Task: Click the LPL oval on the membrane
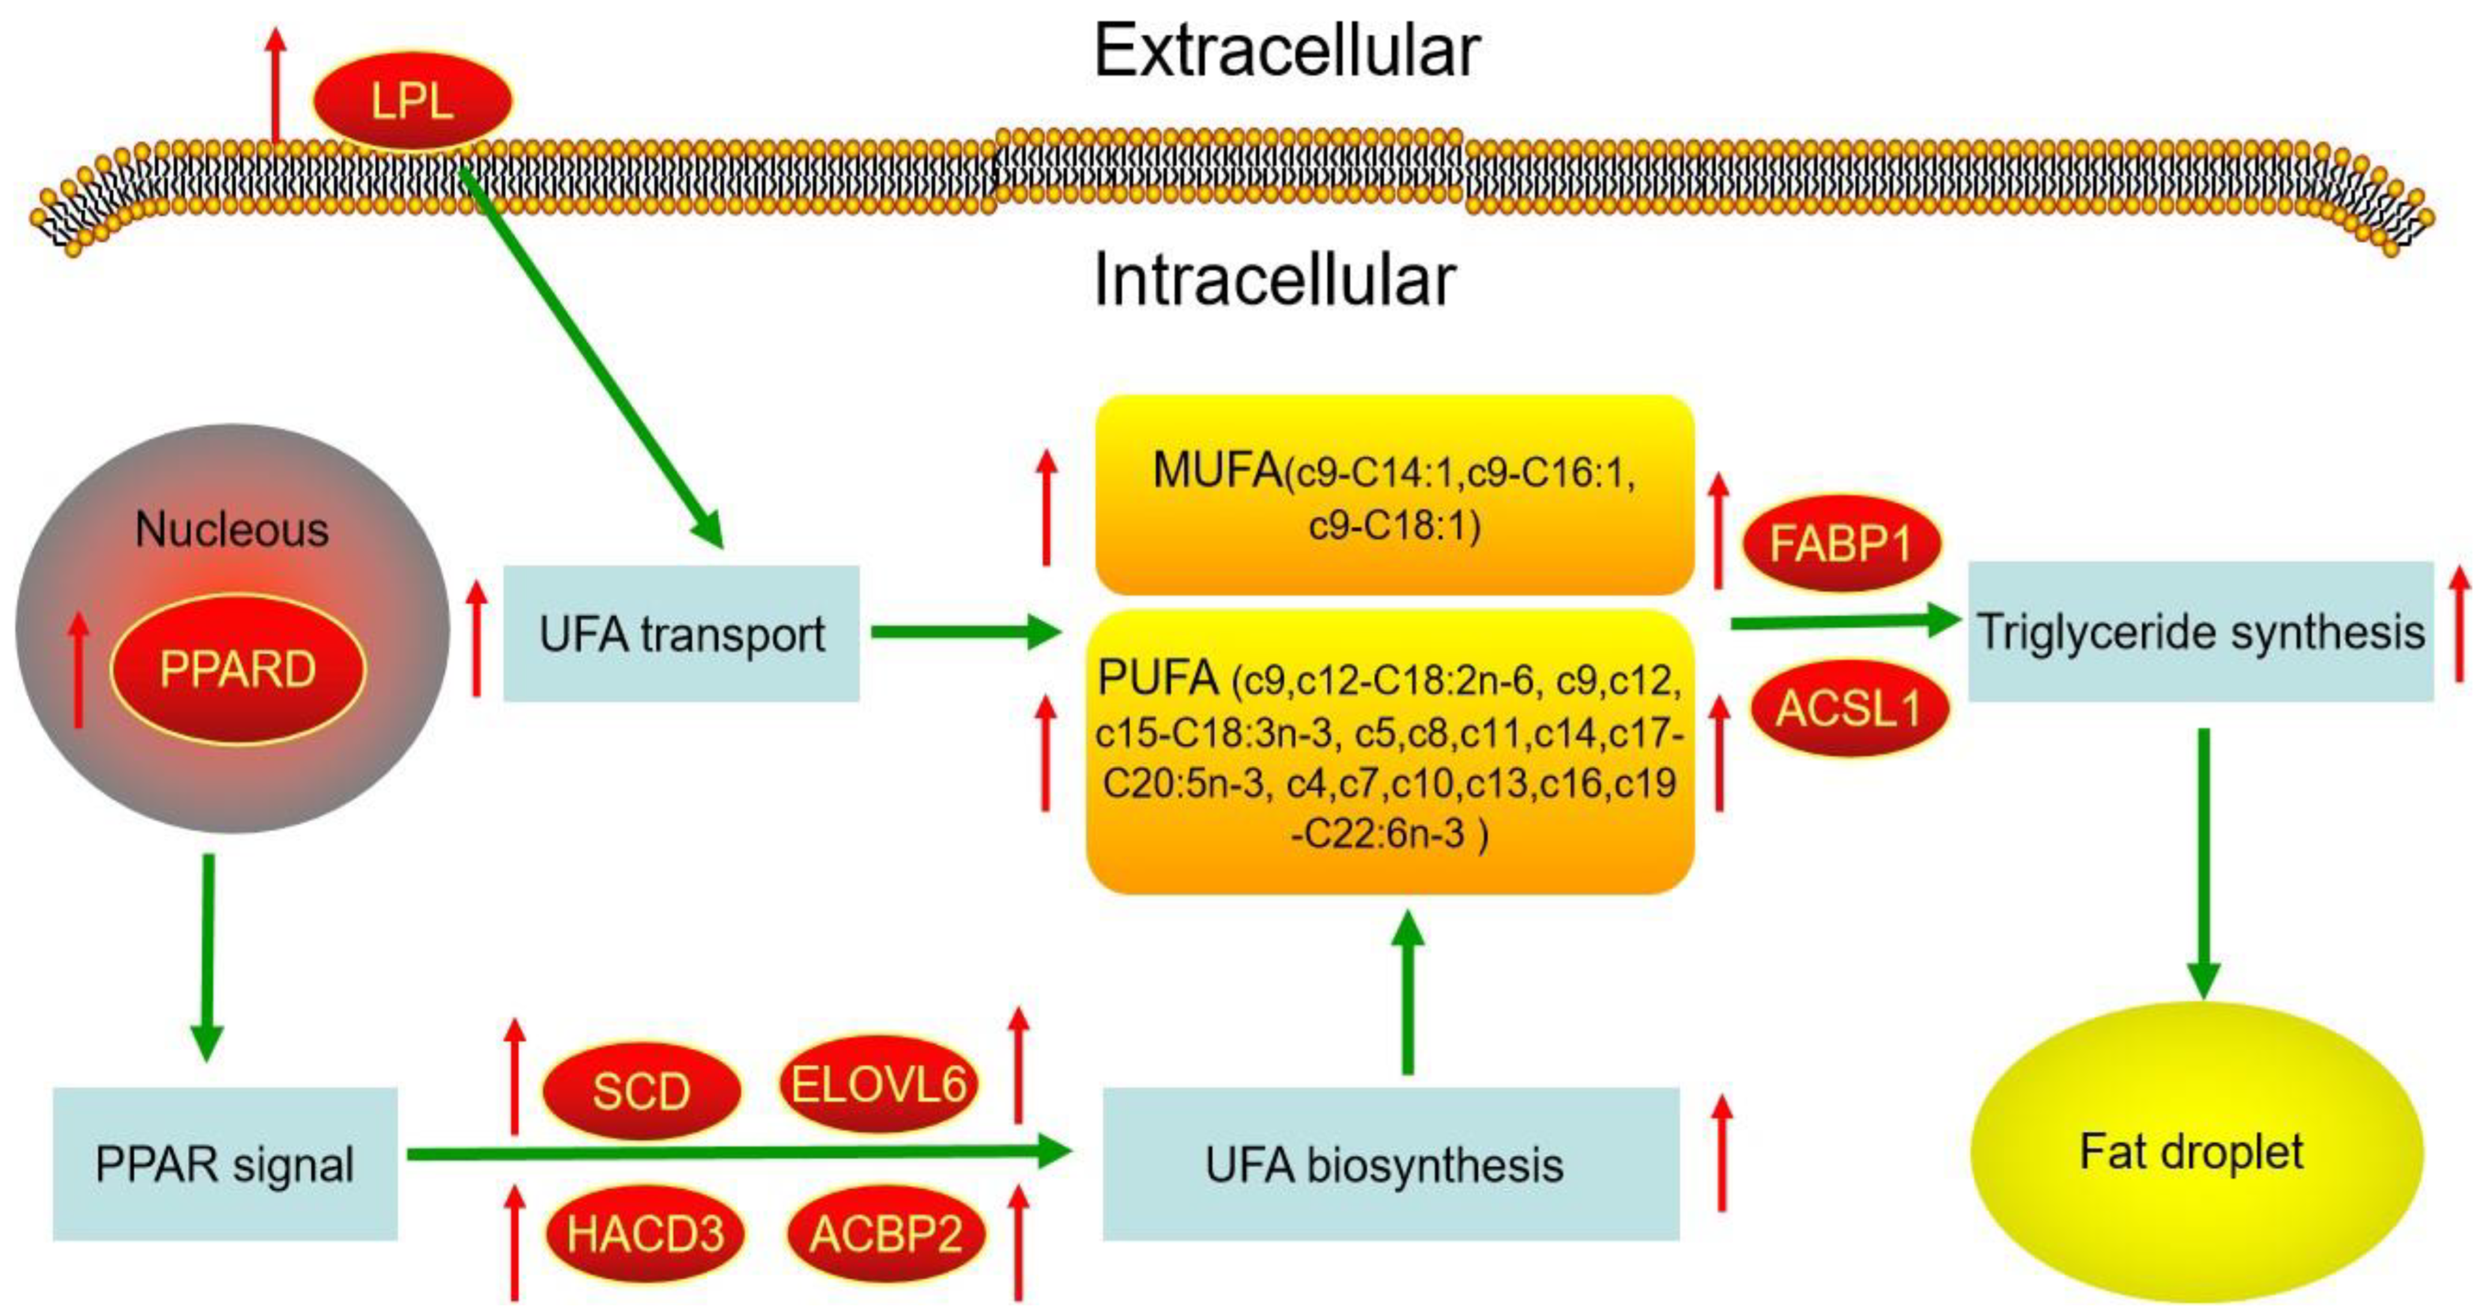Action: pyautogui.click(x=412, y=101)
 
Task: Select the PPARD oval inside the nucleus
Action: pyautogui.click(x=238, y=669)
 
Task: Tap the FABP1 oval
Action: pyautogui.click(x=1841, y=544)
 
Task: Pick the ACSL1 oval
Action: pyautogui.click(x=1848, y=709)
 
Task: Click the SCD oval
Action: pyautogui.click(x=641, y=1091)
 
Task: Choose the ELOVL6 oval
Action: pyautogui.click(x=878, y=1085)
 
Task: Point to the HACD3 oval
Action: pyautogui.click(x=644, y=1234)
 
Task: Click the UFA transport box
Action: pyautogui.click(x=681, y=634)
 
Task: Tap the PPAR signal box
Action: pyautogui.click(x=224, y=1163)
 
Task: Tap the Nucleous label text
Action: pyautogui.click(x=232, y=529)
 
